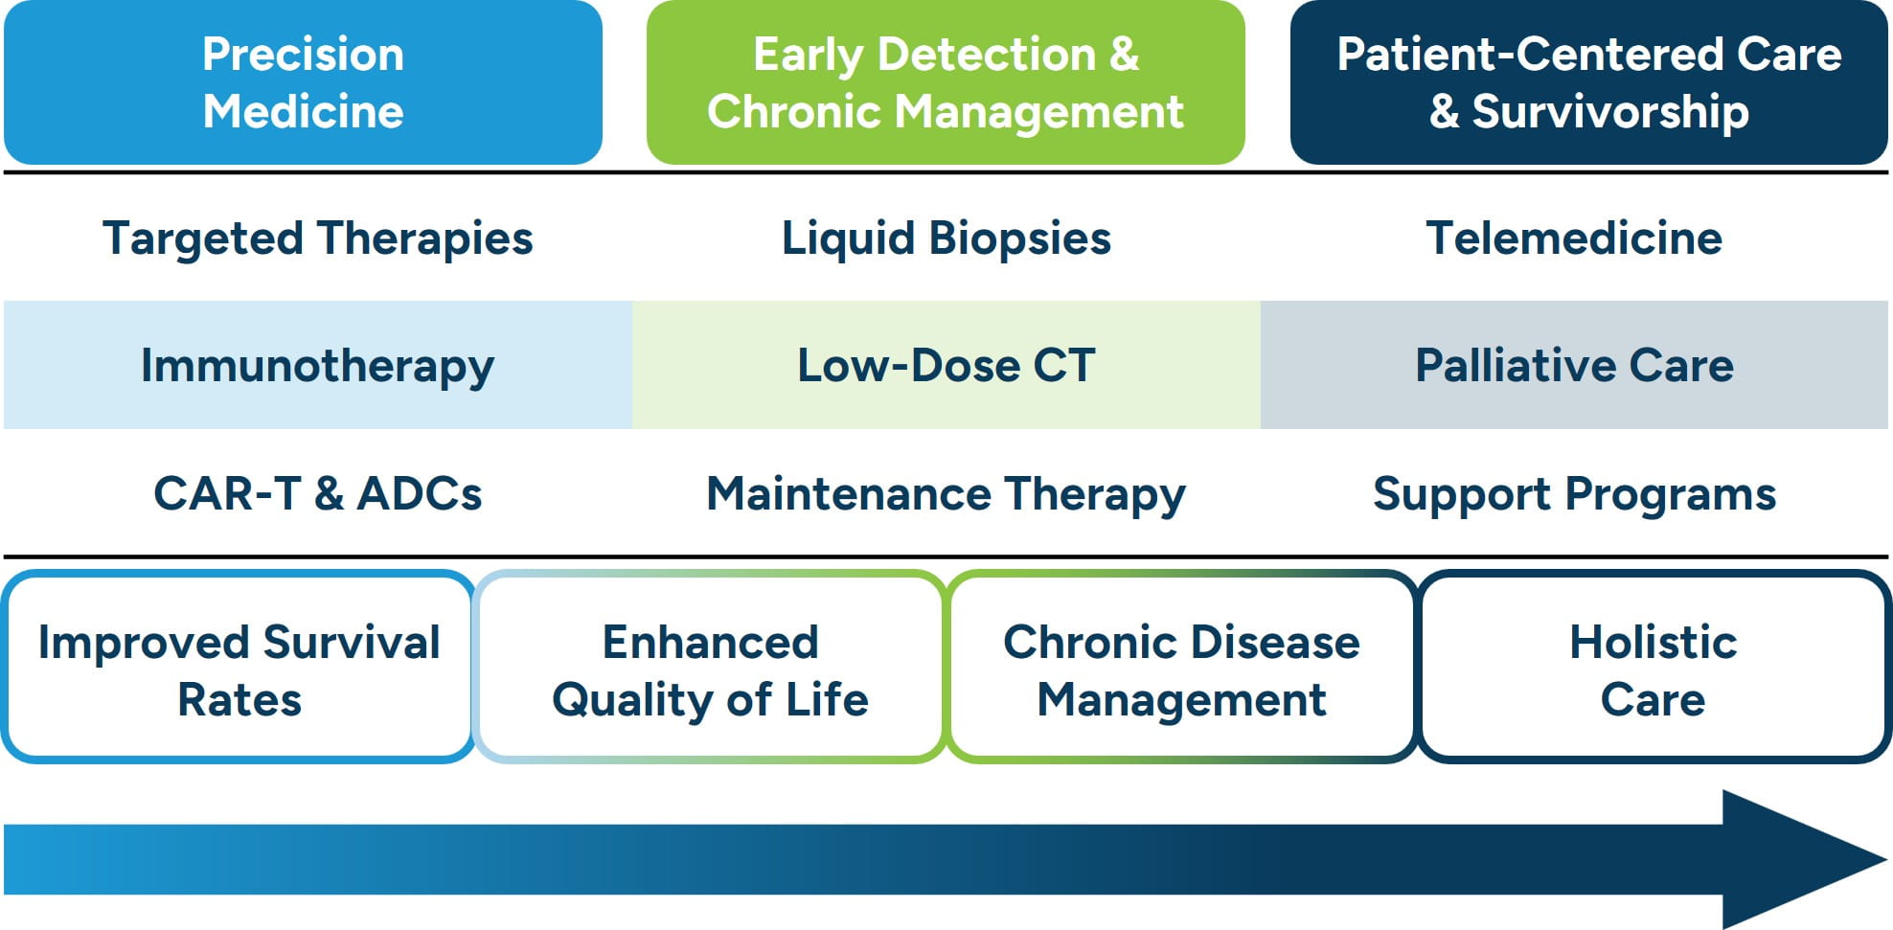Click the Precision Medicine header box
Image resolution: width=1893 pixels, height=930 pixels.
click(x=303, y=82)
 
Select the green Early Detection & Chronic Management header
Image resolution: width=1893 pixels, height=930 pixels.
click(x=946, y=82)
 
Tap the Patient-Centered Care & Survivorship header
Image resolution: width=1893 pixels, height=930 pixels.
click(x=1588, y=82)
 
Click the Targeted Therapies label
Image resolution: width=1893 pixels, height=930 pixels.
click(x=317, y=238)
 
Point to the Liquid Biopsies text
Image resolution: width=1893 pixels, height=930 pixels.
click(x=946, y=238)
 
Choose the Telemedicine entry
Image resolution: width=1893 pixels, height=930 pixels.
click(x=1573, y=238)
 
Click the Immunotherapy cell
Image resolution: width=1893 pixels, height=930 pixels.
click(x=317, y=365)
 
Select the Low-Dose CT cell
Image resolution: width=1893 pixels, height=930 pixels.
click(x=946, y=365)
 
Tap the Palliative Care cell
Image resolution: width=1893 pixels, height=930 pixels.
click(x=1574, y=365)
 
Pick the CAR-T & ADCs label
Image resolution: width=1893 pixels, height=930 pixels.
click(x=317, y=493)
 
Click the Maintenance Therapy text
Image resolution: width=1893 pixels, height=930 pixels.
click(x=946, y=493)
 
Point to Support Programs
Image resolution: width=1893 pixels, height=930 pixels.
click(x=1574, y=493)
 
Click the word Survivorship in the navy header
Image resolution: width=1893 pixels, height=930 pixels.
click(x=1610, y=112)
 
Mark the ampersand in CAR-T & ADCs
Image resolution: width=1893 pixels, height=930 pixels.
click(x=329, y=494)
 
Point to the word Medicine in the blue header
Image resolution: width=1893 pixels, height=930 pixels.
click(x=303, y=111)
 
